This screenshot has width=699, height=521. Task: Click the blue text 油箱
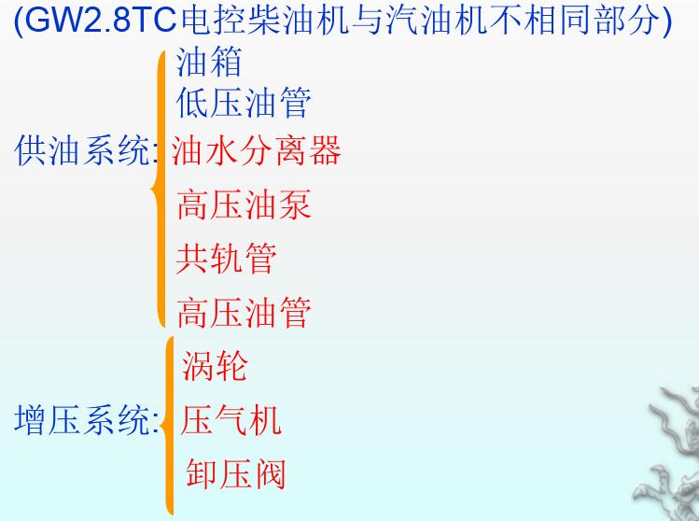[x=209, y=62]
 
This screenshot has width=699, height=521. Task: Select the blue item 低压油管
[x=244, y=103]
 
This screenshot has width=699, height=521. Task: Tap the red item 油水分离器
[x=256, y=150]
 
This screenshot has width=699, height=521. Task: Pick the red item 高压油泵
[x=244, y=204]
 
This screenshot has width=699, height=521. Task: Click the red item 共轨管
[x=226, y=259]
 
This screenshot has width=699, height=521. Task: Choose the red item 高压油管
[x=244, y=312]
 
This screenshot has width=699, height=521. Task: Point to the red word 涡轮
[x=215, y=366]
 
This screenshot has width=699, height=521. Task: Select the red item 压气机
[x=231, y=420]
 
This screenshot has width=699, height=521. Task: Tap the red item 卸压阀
[x=235, y=473]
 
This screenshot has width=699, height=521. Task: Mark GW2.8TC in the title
[x=101, y=21]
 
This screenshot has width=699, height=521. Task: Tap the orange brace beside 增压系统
[x=168, y=426]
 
